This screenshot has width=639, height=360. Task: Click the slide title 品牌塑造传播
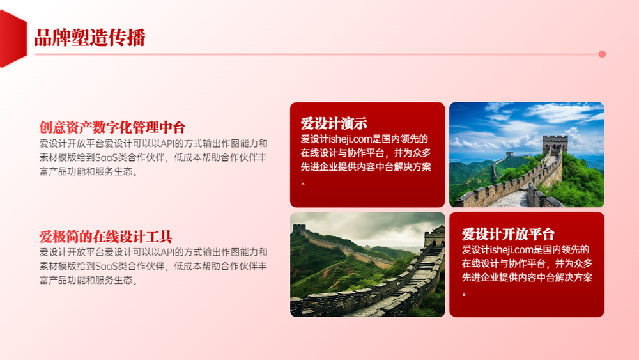89,38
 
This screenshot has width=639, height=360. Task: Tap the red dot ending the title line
602,54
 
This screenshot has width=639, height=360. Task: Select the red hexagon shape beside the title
13,38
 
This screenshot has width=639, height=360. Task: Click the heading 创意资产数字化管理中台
112,127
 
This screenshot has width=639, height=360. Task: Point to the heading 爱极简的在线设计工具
105,237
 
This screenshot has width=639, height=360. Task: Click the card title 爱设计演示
334,123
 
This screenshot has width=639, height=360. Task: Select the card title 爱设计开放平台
508,234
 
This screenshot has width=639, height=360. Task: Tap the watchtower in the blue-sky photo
555,145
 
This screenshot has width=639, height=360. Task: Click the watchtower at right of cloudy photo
435,237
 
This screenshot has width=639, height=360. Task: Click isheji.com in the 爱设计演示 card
350,139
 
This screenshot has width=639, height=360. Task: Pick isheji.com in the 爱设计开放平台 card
511,249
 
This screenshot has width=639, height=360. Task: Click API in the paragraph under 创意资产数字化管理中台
167,143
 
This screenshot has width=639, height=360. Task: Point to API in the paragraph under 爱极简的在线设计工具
167,252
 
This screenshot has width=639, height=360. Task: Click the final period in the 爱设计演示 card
303,184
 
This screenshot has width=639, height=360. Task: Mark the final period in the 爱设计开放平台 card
464,294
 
